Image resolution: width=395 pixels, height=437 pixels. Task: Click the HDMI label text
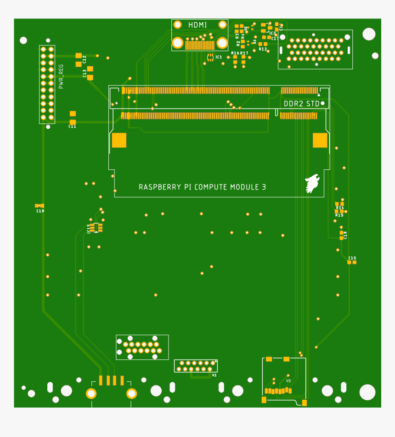coord(197,25)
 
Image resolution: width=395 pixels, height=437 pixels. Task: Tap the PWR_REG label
coord(61,76)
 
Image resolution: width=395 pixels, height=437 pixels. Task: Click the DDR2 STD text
coord(301,104)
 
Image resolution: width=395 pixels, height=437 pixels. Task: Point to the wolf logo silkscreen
coord(311,183)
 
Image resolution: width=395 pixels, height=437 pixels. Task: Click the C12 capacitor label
coord(85,59)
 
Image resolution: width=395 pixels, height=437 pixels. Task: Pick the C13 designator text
coord(85,73)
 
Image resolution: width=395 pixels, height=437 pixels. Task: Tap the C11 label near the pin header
coord(72,126)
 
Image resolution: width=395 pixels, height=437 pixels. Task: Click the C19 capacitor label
coord(40,211)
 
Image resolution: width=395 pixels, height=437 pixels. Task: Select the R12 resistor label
coord(263,49)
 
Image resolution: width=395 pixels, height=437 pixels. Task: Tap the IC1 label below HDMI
coord(219,57)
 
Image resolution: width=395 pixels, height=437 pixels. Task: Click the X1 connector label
coord(214,375)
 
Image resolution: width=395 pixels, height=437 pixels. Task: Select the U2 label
coord(288,381)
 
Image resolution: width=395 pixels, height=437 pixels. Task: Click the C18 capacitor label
coord(345,235)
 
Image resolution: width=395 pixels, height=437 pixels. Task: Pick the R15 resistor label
coord(339,215)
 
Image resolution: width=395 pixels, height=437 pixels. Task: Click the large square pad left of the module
coord(119,140)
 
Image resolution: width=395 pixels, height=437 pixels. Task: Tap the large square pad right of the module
coord(320,140)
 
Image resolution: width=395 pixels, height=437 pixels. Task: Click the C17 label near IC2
coord(275,39)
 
